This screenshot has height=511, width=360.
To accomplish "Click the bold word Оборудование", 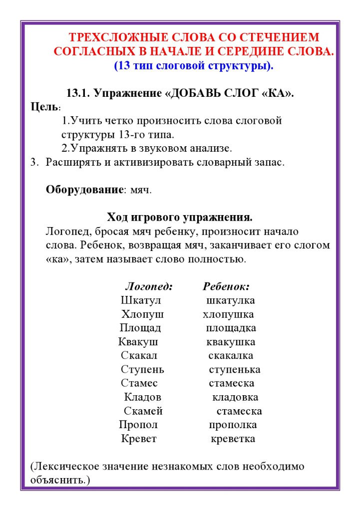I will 84,190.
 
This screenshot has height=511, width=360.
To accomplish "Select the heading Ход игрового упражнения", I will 180,218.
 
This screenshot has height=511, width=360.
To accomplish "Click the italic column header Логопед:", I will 149,287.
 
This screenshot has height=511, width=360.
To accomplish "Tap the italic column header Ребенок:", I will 226,287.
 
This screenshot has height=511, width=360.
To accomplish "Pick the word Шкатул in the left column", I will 141,300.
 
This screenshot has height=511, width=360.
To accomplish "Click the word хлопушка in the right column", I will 228,314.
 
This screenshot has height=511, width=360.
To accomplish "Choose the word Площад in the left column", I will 140,328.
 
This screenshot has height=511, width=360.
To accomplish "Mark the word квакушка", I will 231,342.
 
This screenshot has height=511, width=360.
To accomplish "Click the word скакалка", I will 231,356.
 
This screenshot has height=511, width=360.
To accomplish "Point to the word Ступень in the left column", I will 142,370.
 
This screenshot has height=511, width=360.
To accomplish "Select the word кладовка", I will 235,397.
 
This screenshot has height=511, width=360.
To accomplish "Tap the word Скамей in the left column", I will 143,411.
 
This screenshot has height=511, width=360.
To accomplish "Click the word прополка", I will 233,425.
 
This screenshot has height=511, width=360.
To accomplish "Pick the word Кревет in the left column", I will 139,439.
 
